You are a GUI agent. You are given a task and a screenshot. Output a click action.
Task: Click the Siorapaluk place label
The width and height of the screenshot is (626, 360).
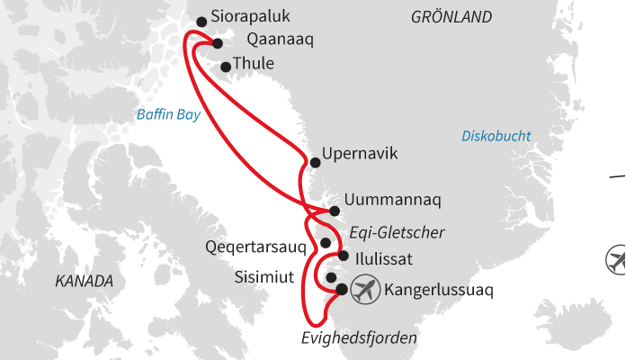(250, 17)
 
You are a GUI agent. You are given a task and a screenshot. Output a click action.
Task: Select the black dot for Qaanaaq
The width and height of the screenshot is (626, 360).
(218, 43)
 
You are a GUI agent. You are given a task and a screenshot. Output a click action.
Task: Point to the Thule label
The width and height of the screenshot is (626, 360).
(253, 64)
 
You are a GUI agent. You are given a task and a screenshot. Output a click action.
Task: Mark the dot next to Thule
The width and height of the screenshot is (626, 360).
(226, 67)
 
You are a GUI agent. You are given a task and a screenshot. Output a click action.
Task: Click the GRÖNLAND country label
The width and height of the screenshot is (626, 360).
(452, 17)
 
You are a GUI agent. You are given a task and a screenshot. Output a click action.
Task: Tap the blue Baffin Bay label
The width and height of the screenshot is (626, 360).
(168, 114)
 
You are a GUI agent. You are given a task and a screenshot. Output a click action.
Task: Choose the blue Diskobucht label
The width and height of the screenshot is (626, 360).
(496, 136)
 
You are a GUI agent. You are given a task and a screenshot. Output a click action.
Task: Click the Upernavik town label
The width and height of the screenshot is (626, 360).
(359, 154)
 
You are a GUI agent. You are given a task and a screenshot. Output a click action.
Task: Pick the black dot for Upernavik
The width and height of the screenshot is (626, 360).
(315, 163)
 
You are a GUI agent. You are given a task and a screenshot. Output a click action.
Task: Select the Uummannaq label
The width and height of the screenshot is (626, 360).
(394, 199)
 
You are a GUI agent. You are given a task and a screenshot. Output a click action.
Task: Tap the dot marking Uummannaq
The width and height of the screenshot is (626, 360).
(335, 211)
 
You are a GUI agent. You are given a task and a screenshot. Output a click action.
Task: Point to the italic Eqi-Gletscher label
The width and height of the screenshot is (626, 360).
(399, 232)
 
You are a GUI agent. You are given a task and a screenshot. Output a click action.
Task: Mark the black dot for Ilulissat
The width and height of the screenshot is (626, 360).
(343, 256)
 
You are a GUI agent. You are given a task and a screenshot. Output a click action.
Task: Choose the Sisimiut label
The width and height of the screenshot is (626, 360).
(264, 276)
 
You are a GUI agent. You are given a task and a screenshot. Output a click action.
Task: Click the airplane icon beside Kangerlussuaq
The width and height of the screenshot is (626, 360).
(364, 290)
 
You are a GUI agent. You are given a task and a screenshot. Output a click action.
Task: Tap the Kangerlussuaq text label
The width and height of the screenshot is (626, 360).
(438, 291)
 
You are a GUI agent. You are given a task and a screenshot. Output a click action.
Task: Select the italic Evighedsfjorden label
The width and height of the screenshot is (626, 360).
(359, 338)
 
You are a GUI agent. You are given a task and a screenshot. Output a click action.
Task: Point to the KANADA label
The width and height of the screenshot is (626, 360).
(85, 281)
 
